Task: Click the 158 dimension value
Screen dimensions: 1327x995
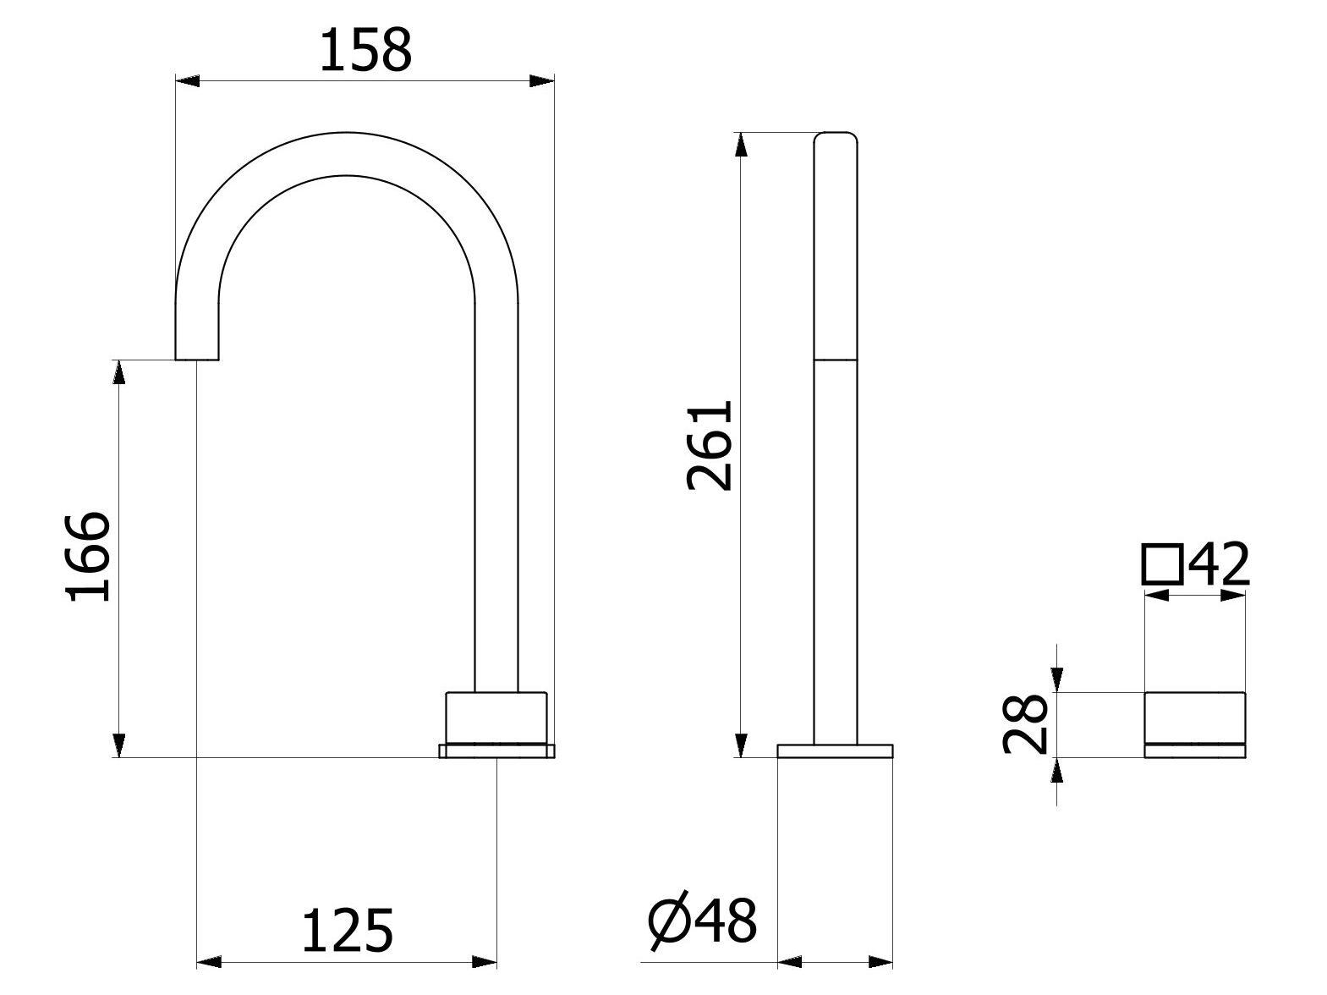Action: click(365, 50)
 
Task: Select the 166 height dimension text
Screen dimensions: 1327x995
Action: click(88, 557)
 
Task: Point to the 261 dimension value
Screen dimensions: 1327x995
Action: click(710, 445)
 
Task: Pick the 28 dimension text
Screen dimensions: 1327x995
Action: click(1025, 724)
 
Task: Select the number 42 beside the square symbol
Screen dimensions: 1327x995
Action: click(1219, 564)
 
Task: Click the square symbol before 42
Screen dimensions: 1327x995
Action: click(1162, 564)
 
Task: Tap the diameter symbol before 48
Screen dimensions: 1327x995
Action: click(669, 929)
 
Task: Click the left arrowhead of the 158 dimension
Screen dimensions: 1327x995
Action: click(188, 81)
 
